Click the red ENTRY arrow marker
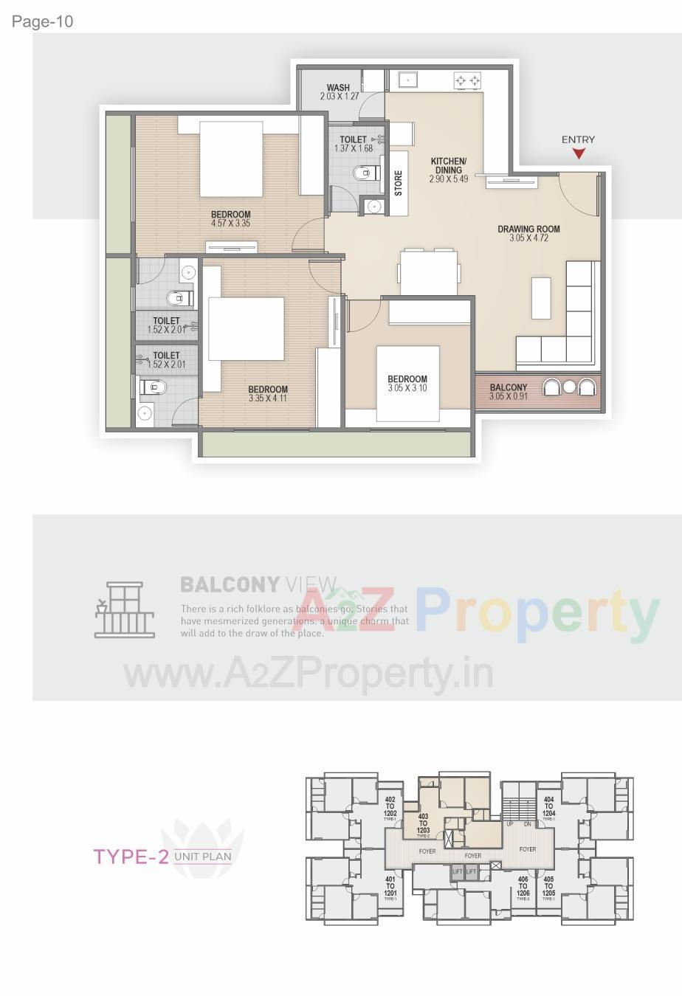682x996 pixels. [579, 153]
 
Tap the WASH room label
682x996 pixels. [338, 88]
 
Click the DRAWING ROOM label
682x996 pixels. [528, 229]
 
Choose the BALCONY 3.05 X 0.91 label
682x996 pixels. [508, 392]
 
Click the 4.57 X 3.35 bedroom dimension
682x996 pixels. [231, 223]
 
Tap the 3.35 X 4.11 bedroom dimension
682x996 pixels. [268, 398]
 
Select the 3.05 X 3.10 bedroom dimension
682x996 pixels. [407, 388]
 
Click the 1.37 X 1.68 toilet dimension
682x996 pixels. [354, 148]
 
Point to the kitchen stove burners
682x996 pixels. [468, 79]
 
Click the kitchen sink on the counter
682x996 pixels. [408, 78]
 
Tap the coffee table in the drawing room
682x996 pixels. [541, 297]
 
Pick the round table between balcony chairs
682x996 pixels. [568, 387]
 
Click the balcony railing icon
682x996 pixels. [124, 609]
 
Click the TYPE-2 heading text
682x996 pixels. [131, 856]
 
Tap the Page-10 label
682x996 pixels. [42, 21]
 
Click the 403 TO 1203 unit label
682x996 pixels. [423, 823]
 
